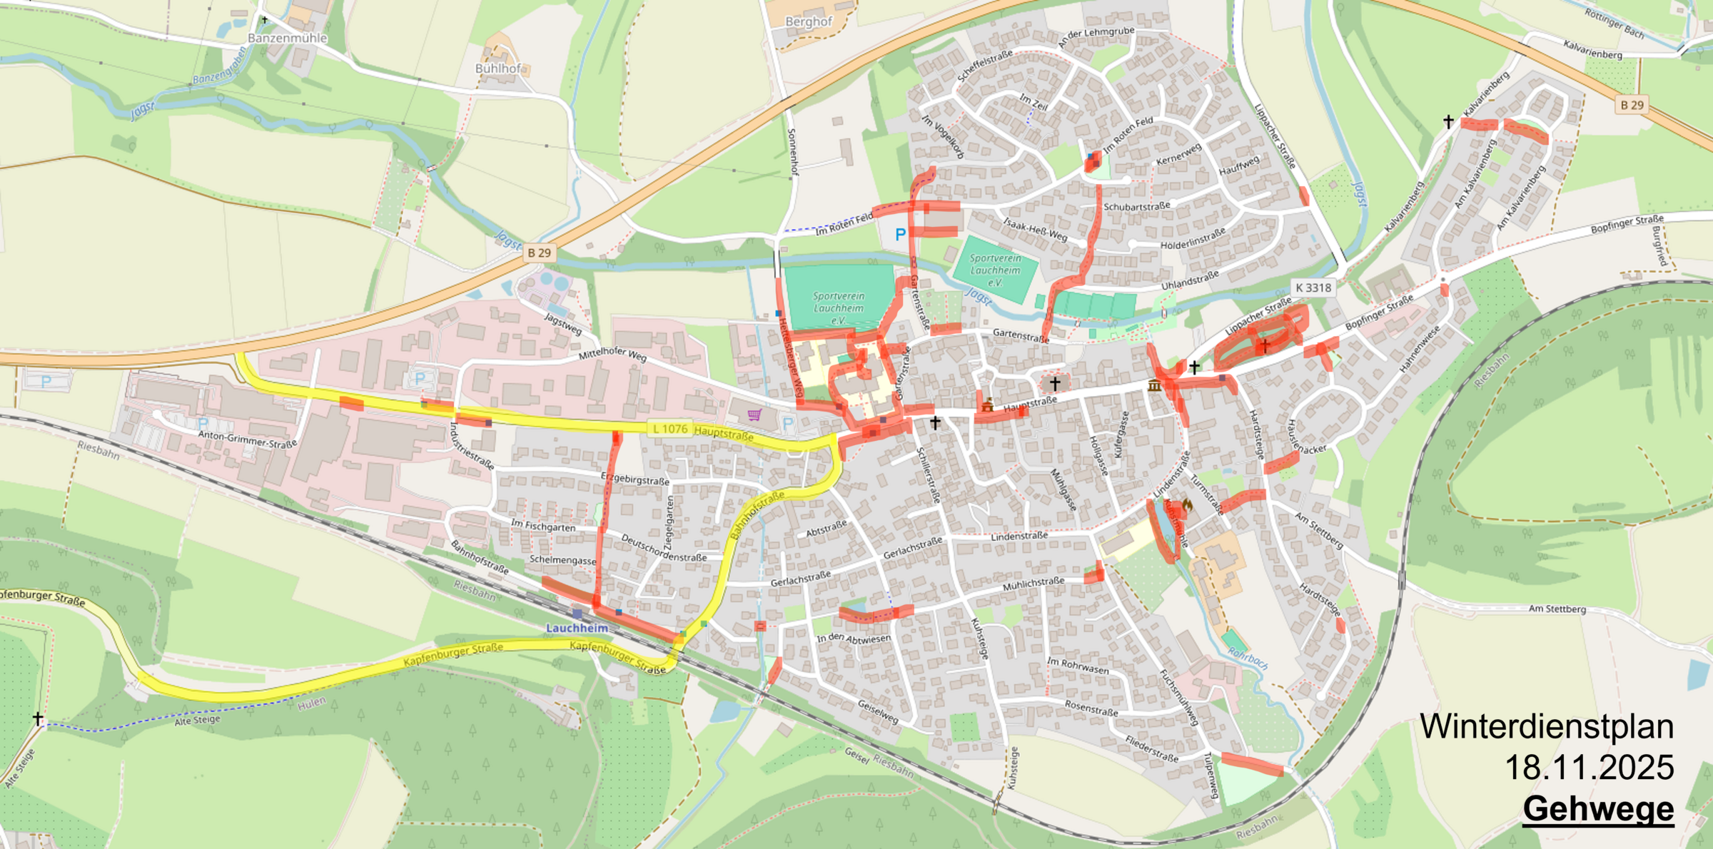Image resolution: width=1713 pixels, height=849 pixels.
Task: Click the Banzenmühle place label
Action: coord(287,38)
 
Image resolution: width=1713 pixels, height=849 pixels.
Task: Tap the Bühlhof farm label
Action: coord(498,68)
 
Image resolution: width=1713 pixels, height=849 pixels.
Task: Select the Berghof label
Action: coord(809,21)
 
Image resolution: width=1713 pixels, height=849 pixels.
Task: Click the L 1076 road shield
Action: coord(669,429)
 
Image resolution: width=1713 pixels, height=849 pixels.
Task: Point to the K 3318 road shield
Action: coord(1313,288)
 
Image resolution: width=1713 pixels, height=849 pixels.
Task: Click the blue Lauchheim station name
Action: coord(577,628)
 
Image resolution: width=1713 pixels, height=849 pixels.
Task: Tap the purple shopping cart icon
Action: coord(754,415)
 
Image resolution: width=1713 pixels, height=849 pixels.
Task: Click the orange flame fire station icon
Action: coord(1187,504)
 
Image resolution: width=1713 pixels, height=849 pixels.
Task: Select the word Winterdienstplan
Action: coord(1546,727)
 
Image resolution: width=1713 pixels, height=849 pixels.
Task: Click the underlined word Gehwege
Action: coord(1598,809)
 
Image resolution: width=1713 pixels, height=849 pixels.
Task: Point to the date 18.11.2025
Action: coord(1589,768)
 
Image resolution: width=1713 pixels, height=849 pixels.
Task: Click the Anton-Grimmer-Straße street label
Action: coord(247,439)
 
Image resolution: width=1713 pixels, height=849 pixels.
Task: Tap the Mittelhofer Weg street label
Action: coord(612,354)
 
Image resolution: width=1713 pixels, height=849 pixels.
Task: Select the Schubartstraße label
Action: coord(1137,207)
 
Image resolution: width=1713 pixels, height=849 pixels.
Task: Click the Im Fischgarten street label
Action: coord(543,527)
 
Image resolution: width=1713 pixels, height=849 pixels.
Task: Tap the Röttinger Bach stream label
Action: coord(1615,24)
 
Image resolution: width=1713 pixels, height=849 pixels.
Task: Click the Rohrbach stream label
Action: coord(1248,658)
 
